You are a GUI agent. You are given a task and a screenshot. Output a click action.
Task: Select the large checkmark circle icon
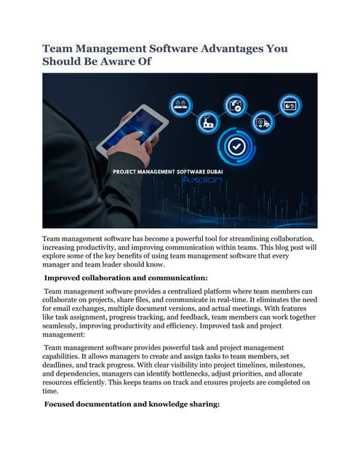[x=236, y=146]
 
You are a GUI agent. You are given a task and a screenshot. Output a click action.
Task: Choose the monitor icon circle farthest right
[x=289, y=105]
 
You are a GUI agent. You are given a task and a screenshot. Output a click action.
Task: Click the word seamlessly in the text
[x=65, y=325]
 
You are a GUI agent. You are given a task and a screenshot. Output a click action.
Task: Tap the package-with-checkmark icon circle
[x=234, y=105]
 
